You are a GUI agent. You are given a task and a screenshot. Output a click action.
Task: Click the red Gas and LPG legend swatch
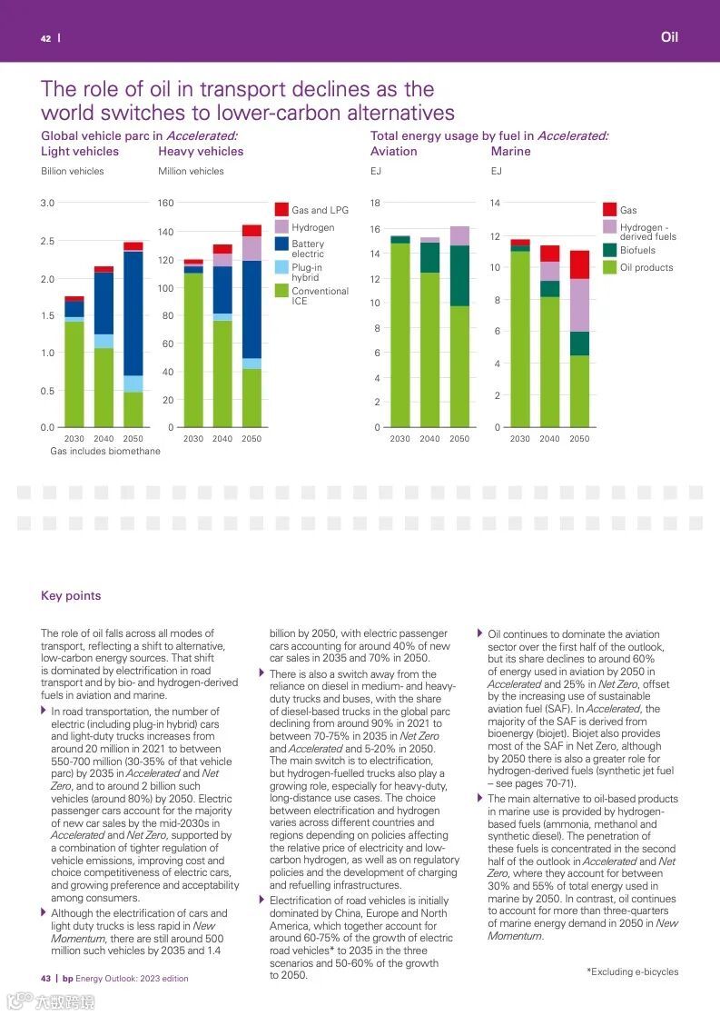281,209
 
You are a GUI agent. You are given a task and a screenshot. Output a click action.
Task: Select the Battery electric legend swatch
281,244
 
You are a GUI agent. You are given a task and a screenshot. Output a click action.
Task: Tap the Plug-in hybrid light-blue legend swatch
281,267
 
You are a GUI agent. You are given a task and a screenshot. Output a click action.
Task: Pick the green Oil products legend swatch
609,267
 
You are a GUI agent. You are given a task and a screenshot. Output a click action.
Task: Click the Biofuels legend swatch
609,250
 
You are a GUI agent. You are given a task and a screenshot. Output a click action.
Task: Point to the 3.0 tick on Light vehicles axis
47,203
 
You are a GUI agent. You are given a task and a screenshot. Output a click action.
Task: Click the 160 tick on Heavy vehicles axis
165,203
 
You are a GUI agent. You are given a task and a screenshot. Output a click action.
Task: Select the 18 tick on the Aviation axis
375,203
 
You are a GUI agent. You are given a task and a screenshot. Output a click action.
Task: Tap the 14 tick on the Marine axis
495,203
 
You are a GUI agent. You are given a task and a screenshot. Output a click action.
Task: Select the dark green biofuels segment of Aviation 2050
459,275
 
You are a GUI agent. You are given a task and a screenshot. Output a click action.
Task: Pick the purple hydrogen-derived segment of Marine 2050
579,305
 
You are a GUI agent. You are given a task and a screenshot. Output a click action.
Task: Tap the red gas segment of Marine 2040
549,254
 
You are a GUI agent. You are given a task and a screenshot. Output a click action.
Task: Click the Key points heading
71,596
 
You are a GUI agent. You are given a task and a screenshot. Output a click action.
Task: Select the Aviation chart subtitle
394,152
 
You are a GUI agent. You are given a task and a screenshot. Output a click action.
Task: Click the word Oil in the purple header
669,37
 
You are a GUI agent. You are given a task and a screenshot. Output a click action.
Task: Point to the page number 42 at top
45,38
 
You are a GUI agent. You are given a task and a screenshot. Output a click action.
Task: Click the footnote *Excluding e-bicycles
632,971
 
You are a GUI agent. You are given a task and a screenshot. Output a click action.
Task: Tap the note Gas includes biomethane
104,451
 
